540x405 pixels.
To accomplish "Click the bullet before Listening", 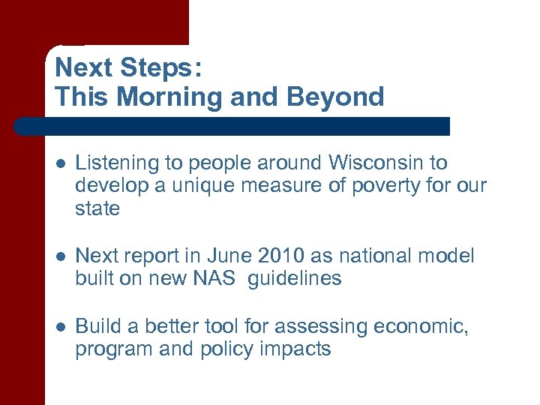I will point(60,163).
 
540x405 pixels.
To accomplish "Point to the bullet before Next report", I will point(60,256).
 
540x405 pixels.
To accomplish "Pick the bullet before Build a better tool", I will point(60,327).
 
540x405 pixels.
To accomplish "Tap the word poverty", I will point(379,185).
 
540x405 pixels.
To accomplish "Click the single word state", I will point(97,208).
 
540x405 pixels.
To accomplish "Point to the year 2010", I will point(281,256).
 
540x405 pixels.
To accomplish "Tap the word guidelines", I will point(294,278).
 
